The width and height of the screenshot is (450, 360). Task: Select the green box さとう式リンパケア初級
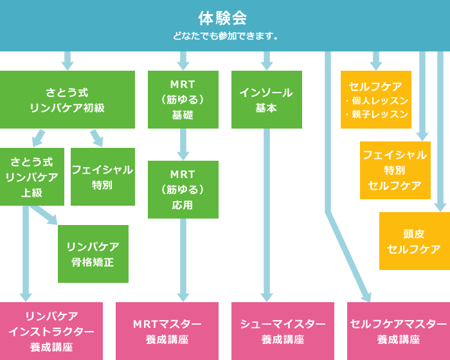tap(67, 100)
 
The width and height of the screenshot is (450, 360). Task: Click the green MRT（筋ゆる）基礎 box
tap(183, 100)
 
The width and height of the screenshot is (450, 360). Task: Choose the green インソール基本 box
tap(266, 100)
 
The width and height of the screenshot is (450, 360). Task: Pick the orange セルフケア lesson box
tap(375, 100)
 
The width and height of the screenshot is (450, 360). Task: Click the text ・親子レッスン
tap(377, 114)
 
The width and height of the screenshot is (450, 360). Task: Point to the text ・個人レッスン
tap(377, 101)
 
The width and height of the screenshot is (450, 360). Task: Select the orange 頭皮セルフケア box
tap(414, 241)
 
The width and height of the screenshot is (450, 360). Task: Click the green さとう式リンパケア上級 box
tap(32, 177)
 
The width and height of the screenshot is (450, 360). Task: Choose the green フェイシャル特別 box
tap(102, 177)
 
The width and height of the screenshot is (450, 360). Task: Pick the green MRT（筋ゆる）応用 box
tap(183, 190)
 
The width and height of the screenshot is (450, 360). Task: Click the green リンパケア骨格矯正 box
tap(93, 254)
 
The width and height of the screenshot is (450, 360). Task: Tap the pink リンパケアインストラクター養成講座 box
tap(51, 331)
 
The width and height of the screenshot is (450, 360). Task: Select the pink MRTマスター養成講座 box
tap(166, 331)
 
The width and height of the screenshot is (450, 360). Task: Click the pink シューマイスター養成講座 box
tap(282, 331)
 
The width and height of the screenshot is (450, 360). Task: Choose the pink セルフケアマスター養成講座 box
tap(398, 331)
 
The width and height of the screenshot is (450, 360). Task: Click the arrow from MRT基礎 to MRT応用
tap(183, 145)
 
